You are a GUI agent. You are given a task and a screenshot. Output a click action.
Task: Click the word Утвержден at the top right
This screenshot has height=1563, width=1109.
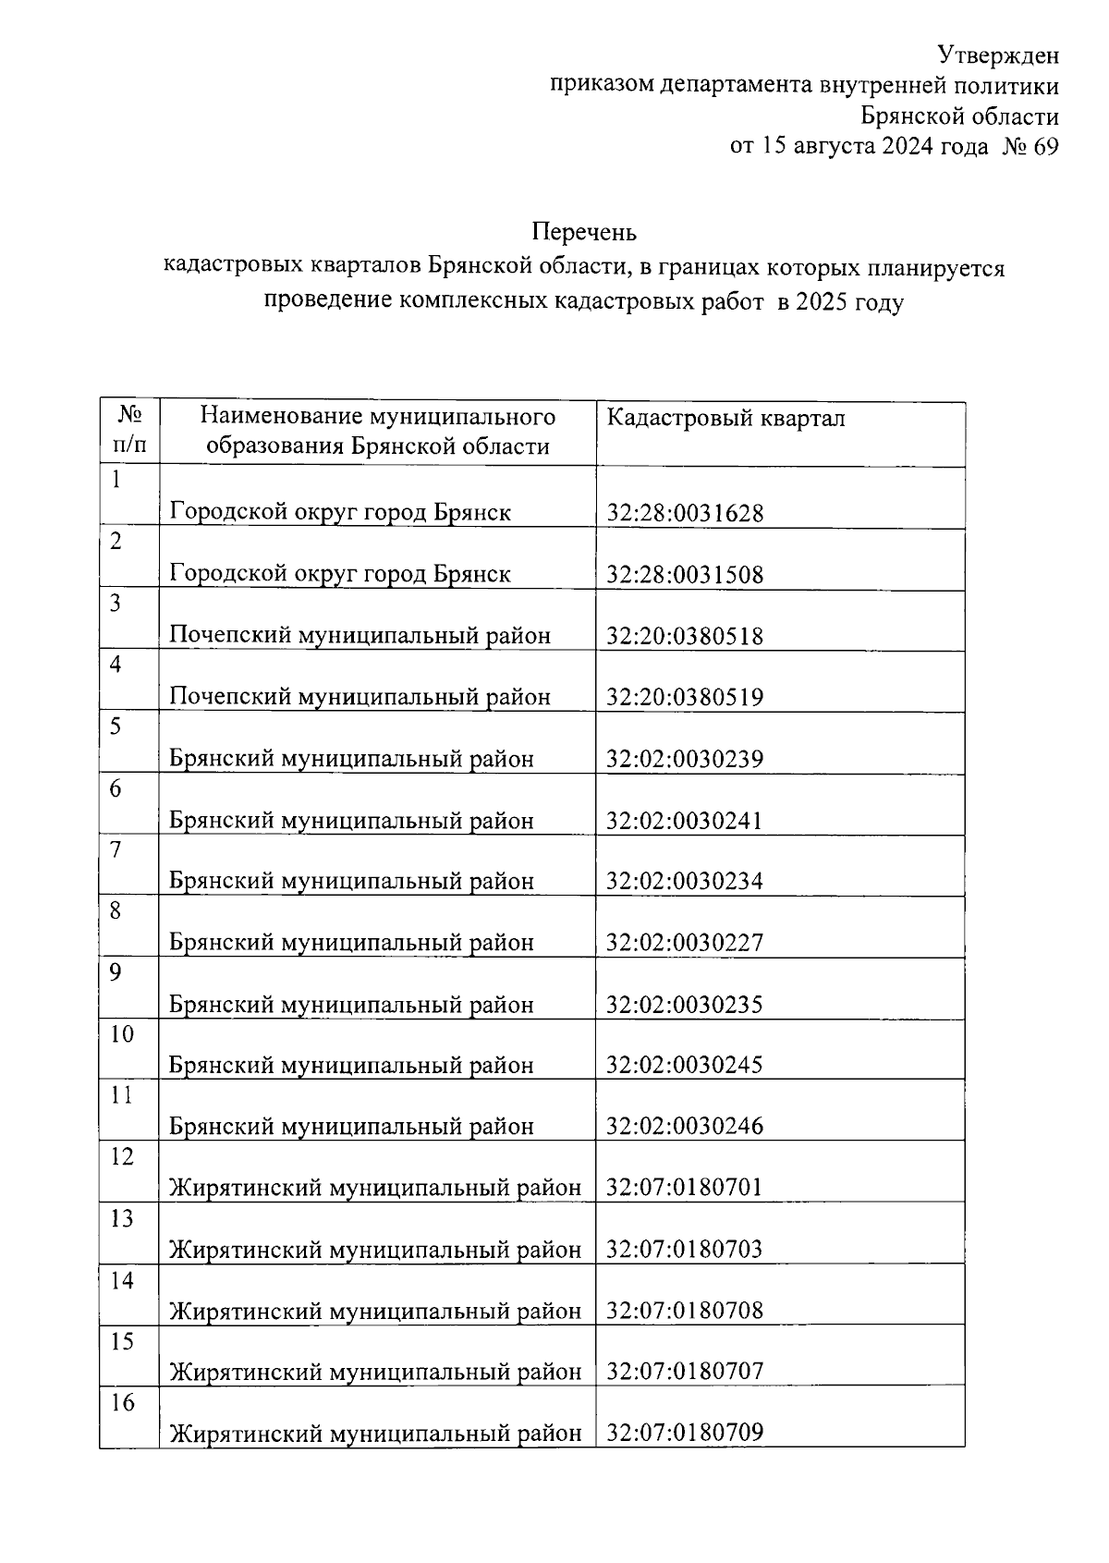998,55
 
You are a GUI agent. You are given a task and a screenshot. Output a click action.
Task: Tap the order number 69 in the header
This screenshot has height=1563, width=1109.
1045,146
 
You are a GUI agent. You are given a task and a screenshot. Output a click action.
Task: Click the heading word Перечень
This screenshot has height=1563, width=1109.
583,231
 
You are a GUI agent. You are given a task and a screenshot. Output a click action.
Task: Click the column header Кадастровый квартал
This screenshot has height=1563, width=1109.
725,419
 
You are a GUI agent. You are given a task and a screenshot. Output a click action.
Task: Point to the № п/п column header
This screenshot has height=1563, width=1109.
129,432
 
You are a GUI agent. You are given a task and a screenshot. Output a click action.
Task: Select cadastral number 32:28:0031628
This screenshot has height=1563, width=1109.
685,513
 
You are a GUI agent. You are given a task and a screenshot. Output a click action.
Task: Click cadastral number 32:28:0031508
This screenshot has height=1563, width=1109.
685,575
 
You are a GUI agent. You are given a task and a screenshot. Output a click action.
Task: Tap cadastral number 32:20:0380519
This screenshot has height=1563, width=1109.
685,697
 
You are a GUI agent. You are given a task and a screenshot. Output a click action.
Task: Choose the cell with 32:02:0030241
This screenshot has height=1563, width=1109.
685,820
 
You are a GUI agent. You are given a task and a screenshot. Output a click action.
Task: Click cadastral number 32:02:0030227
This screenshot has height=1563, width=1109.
685,943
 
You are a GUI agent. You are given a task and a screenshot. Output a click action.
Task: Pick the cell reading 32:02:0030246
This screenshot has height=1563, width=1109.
685,1127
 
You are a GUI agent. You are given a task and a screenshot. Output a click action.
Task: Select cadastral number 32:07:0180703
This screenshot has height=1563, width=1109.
685,1250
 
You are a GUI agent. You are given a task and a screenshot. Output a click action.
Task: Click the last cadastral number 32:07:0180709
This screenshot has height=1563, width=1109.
685,1434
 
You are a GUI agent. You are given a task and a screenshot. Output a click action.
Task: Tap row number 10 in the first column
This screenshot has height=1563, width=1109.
122,1034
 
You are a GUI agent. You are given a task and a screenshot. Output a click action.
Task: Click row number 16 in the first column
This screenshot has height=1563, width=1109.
122,1403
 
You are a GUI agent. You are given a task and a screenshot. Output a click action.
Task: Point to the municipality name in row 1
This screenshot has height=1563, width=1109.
340,512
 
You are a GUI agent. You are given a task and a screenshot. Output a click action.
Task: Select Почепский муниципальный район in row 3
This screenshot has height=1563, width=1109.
360,636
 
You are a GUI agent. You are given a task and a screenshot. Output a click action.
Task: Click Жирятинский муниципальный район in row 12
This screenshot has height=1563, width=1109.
376,1188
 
